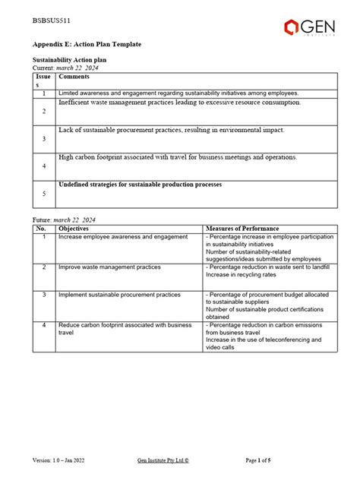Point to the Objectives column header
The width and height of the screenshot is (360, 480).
coord(73,228)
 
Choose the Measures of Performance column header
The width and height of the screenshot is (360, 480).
coord(242,228)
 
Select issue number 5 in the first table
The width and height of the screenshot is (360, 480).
coord(44,194)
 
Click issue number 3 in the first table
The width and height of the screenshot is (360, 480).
coord(44,139)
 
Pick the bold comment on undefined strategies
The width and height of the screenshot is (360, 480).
coord(140,185)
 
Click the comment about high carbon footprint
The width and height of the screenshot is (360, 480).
coord(177,157)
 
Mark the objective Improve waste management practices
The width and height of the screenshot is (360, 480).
coord(109,267)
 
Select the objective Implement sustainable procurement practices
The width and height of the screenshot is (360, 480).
coord(119,294)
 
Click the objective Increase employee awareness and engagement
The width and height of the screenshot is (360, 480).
coord(123,237)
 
